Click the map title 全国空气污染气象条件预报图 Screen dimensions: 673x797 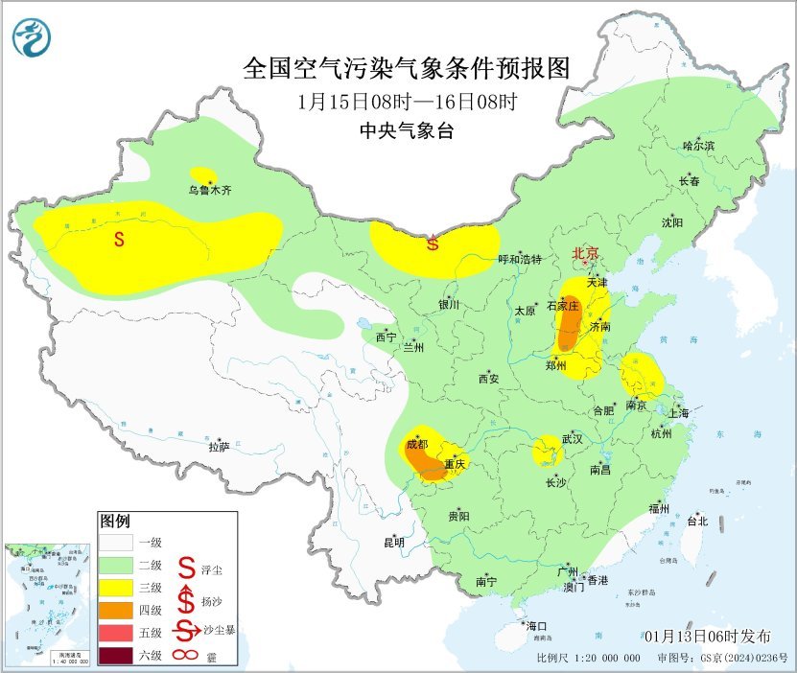407,68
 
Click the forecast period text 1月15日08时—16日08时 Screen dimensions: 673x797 407,102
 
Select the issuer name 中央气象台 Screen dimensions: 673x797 407,131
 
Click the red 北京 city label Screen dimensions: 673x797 585,253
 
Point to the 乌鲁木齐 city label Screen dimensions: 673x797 209,191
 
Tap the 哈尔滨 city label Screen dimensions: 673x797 698,146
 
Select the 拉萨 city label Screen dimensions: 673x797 219,447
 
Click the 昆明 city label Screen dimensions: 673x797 394,543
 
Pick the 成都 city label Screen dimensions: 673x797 416,445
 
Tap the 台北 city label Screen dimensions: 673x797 696,522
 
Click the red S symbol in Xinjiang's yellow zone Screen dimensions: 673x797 119,240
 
